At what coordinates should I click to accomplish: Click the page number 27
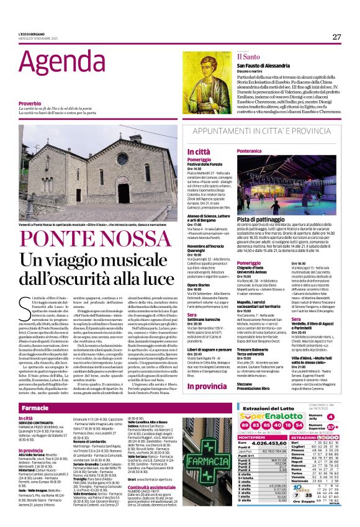(x=336, y=37)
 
